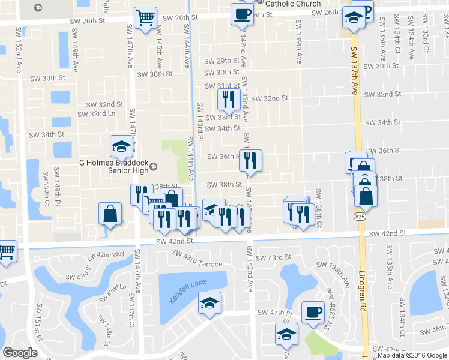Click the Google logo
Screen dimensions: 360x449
coord(20,353)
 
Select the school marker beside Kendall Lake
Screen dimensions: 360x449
coord(209,302)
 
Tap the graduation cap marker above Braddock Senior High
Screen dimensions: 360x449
coord(121,145)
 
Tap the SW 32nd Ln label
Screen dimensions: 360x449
coord(100,113)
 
